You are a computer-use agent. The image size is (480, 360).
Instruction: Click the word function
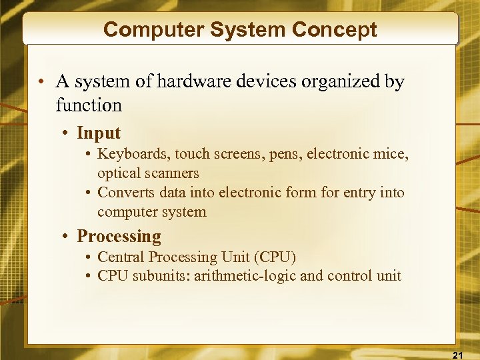(x=89, y=105)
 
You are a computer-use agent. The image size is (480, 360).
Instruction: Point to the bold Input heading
(x=99, y=133)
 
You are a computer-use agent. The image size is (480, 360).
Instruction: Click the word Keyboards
(x=133, y=155)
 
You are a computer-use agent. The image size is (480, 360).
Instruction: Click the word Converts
(x=125, y=193)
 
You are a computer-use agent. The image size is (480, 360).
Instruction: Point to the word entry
(x=360, y=193)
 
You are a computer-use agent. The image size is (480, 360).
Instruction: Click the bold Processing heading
(x=119, y=237)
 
